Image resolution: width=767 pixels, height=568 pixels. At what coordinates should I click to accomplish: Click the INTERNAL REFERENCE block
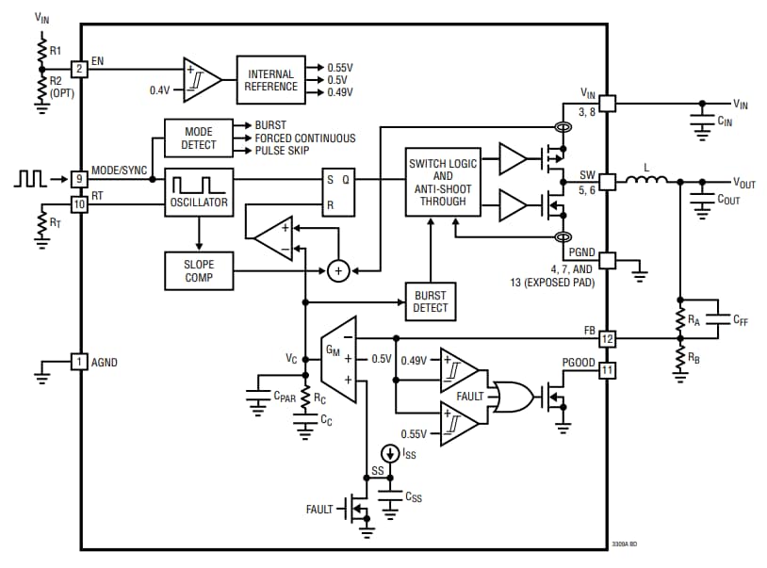coord(271,79)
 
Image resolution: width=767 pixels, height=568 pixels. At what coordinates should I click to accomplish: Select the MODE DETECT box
coord(198,138)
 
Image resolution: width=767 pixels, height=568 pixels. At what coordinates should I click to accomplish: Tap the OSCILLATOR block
coord(198,193)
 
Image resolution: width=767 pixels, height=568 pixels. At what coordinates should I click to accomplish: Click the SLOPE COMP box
coord(198,270)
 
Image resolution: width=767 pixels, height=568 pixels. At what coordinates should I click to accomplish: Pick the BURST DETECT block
coord(430,300)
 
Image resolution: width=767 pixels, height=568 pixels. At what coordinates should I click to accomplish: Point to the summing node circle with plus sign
coord(337,271)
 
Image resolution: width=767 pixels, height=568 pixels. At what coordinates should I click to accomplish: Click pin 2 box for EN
coord(80,69)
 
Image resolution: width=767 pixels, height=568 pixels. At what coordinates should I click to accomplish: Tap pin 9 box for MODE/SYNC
coord(80,178)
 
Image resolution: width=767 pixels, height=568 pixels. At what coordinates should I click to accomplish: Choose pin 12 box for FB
coord(608,338)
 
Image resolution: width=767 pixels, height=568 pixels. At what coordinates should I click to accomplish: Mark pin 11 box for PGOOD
coord(608,370)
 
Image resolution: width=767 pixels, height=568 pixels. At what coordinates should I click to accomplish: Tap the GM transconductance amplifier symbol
coord(337,359)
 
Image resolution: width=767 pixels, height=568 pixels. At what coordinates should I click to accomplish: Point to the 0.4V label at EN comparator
coord(160,89)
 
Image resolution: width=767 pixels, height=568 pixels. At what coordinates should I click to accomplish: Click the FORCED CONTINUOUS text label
coord(305,138)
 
